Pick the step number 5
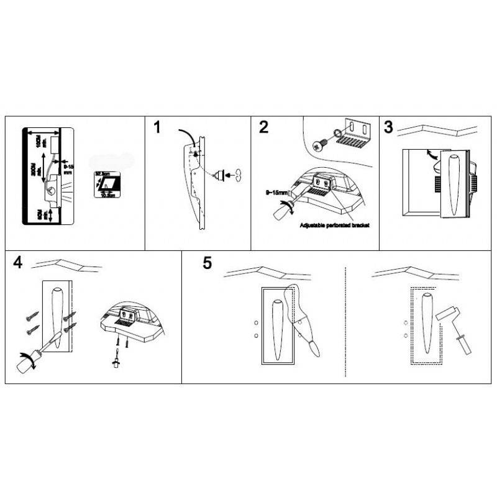207,262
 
